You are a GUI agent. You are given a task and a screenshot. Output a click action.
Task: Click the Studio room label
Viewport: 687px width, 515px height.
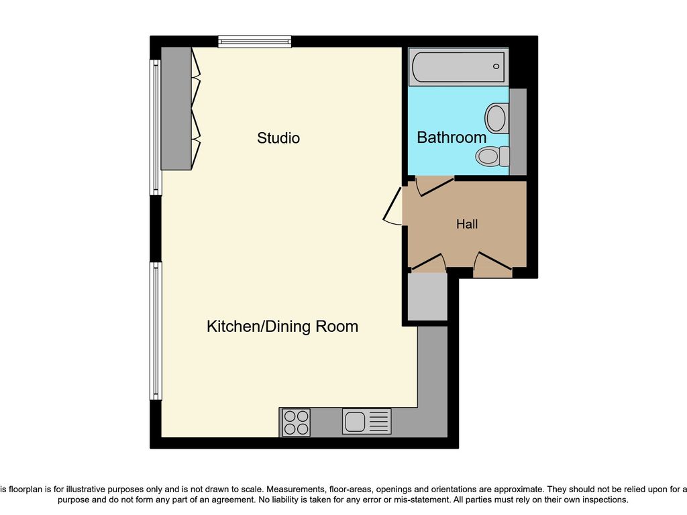(278, 138)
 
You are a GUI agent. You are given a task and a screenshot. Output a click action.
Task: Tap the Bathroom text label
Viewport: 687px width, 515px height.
(452, 137)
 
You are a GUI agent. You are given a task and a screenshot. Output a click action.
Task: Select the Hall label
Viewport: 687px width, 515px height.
(467, 224)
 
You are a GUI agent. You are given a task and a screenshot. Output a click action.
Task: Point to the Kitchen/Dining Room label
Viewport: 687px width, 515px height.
(282, 327)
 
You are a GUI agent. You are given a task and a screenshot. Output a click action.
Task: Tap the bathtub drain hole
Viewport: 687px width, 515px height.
(496, 67)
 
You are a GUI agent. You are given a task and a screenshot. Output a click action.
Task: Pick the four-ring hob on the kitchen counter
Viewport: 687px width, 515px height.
(296, 422)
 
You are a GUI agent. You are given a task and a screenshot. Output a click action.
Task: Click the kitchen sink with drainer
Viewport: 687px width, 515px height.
(366, 422)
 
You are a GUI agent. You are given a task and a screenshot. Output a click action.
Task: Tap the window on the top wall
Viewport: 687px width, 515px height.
(255, 42)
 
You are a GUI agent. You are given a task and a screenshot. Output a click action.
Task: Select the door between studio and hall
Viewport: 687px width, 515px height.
(393, 205)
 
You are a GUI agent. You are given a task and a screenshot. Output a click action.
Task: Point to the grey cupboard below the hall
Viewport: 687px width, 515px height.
(427, 296)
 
